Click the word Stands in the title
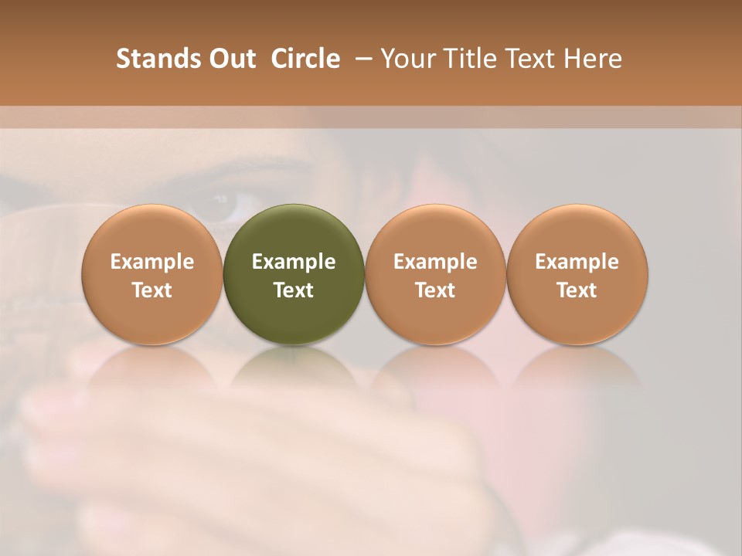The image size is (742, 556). (x=157, y=59)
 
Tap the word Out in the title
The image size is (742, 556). (x=230, y=59)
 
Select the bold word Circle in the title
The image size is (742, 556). (x=305, y=59)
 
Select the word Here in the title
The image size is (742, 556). (x=593, y=59)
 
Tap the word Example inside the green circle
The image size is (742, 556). (x=294, y=262)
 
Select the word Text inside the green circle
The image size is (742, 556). (x=294, y=290)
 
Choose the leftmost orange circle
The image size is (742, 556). (x=152, y=274)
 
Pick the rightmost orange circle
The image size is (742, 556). (x=577, y=274)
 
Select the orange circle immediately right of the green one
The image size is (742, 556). (x=435, y=274)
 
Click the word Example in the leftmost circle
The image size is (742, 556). (x=152, y=262)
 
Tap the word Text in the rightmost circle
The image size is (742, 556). (x=577, y=290)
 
